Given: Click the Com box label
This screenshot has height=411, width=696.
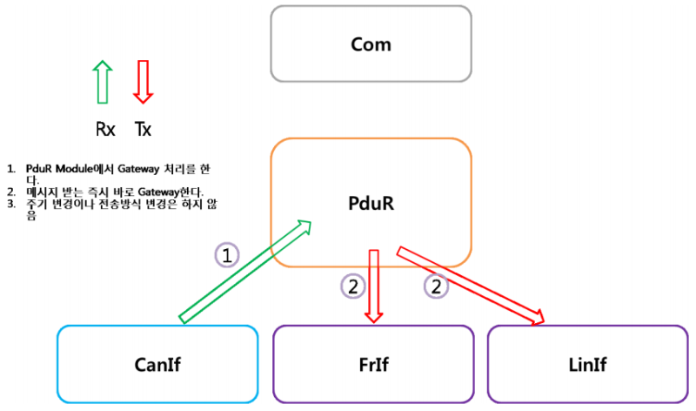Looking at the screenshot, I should pos(371,44).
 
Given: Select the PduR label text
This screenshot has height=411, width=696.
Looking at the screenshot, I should pos(371,205).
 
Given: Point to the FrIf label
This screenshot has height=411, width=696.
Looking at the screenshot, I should pos(374,363).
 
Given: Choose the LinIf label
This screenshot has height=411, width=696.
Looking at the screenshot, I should pos(587,363).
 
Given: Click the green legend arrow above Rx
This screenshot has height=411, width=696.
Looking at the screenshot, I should pos(103,82).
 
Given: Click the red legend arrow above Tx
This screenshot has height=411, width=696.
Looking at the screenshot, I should pos(143,82).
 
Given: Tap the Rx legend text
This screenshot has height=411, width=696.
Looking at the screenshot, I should pos(105,130).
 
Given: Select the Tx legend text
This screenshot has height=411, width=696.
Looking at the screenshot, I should pos(143,130).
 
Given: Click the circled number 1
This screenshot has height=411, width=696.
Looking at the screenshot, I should pos(226,255).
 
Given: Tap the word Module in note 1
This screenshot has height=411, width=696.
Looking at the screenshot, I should pos(71,167).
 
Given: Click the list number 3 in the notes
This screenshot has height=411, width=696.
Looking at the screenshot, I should pos(11,204).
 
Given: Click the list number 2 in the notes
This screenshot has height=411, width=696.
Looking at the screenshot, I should pos(11,192).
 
